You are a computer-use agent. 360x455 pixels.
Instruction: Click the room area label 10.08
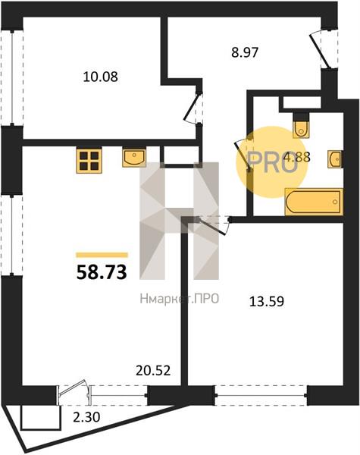tap(100, 77)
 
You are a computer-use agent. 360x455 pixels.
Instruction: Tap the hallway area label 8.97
tap(245, 53)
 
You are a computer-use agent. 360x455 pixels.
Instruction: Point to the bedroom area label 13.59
tap(267, 301)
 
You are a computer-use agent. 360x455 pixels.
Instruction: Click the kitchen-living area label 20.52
tap(153, 370)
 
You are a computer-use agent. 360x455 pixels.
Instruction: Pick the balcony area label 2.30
tap(86, 417)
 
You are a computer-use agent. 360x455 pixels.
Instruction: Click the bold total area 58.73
tap(102, 273)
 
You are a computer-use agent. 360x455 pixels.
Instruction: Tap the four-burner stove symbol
tap(89, 160)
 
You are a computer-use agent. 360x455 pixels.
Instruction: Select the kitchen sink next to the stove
tap(134, 158)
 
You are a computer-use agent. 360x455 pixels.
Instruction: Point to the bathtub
tap(314, 202)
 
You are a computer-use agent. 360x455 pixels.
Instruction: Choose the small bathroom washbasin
tap(335, 158)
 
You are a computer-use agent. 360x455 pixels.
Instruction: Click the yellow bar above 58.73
tap(102, 255)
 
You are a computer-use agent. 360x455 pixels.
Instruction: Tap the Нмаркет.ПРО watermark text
tap(180, 299)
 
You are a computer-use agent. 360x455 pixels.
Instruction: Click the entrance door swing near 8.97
tap(321, 51)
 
